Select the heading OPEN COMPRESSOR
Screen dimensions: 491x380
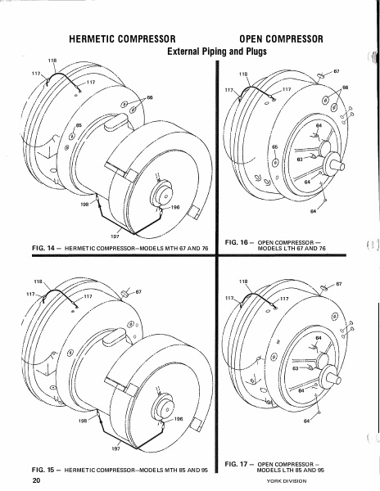point(281,38)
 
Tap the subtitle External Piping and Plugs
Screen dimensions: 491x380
point(216,51)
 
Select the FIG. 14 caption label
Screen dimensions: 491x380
point(46,246)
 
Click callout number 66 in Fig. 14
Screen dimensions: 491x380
point(149,97)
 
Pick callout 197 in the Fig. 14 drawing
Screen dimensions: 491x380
point(115,235)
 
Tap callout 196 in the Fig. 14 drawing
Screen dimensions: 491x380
point(174,207)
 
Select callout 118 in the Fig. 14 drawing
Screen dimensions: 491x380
point(52,61)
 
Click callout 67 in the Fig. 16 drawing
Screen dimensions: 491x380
point(337,72)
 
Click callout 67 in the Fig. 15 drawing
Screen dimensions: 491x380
point(139,291)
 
